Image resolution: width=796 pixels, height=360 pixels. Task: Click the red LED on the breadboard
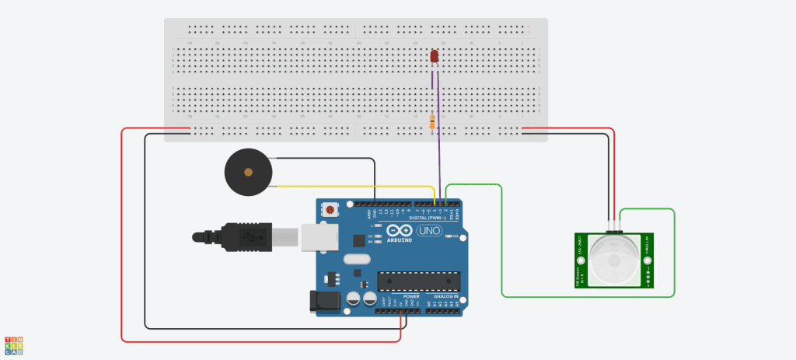click(x=435, y=57)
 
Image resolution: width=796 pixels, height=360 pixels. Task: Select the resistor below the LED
click(x=433, y=121)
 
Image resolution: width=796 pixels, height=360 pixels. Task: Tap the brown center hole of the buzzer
click(x=248, y=172)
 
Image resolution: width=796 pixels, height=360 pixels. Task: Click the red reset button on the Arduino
click(x=332, y=209)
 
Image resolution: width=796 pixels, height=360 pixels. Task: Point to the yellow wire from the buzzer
click(x=350, y=187)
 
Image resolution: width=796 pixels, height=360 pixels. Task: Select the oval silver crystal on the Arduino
click(x=354, y=262)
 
